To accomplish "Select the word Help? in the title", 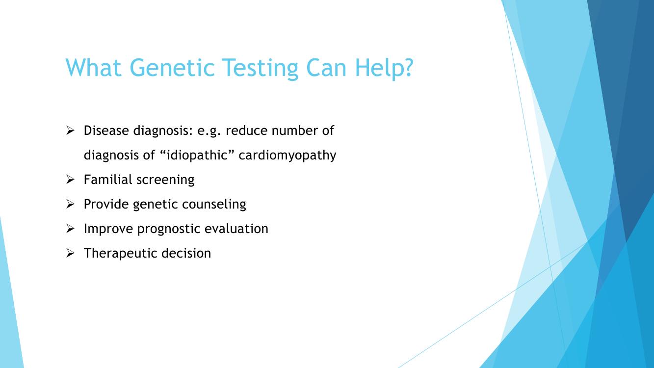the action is tap(384, 69).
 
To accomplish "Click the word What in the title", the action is tap(93, 68).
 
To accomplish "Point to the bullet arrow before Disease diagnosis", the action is tap(70, 131).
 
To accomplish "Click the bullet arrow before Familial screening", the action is tap(70, 180).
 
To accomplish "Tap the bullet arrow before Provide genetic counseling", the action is tap(70, 204).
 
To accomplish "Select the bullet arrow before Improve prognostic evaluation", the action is tap(70, 229).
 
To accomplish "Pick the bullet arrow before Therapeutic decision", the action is tap(70, 253).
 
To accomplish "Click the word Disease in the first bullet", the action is tap(106, 131).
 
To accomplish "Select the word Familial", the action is tap(108, 180).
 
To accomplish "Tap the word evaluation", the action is tap(236, 229).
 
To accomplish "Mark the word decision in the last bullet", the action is tap(186, 253).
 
